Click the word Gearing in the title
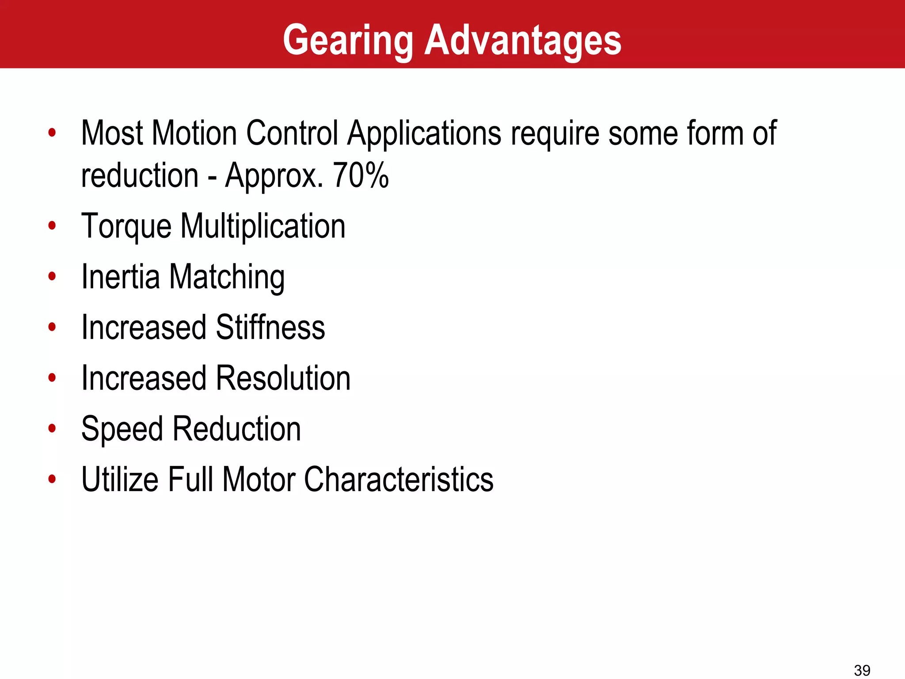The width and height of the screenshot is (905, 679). pyautogui.click(x=348, y=41)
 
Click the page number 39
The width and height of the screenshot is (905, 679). pyautogui.click(x=862, y=670)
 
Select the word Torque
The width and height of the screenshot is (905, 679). pyautogui.click(x=126, y=227)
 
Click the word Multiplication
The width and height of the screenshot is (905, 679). pyautogui.click(x=263, y=227)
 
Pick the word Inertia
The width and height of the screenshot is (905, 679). pyautogui.click(x=121, y=277)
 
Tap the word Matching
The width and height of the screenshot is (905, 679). pyautogui.click(x=227, y=277)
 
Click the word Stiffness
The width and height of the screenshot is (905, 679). pyautogui.click(x=270, y=328)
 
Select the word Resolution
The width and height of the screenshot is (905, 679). pyautogui.click(x=283, y=378)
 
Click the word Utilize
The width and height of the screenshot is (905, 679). pyautogui.click(x=120, y=480)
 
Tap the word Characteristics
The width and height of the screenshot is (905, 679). pyautogui.click(x=399, y=480)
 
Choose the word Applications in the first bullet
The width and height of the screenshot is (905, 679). pyautogui.click(x=424, y=134)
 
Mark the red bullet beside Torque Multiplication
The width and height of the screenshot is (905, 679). pyautogui.click(x=52, y=226)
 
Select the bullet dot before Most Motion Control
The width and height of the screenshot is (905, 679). pyautogui.click(x=52, y=132)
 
